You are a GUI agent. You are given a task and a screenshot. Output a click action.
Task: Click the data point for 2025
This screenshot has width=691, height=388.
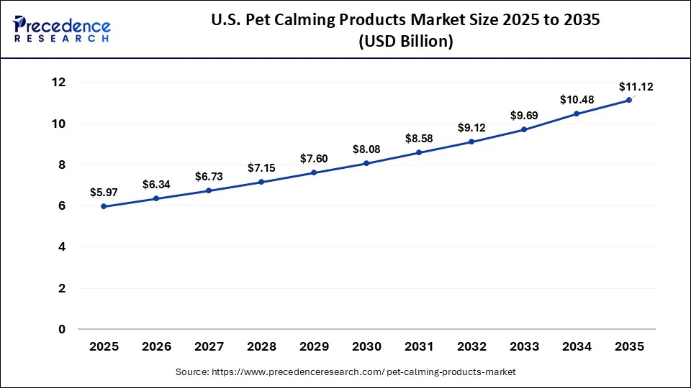104,206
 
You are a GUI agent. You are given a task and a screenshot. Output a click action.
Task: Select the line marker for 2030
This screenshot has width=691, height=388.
366,163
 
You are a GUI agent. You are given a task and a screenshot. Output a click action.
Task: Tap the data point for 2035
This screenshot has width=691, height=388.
629,100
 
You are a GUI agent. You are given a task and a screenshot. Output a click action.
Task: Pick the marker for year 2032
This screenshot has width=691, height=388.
471,142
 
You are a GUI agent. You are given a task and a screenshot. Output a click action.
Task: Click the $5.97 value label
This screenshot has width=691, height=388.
104,192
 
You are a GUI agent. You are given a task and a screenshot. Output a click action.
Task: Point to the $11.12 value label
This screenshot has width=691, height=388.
636,87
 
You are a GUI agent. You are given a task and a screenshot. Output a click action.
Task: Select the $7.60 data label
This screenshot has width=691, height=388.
314,158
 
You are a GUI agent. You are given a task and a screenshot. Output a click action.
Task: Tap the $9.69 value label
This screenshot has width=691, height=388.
524,115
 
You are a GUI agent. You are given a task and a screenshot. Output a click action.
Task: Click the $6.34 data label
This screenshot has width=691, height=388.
156,185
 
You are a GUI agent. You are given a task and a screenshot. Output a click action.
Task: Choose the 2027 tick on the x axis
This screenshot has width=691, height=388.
209,347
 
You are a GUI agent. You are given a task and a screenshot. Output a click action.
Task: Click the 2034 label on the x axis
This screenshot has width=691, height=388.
577,347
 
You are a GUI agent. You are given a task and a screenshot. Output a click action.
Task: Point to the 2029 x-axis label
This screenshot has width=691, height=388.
314,347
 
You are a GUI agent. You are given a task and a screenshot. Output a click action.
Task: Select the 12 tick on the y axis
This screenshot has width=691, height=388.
58,83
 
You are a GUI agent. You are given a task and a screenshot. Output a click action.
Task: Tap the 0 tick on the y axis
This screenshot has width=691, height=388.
62,330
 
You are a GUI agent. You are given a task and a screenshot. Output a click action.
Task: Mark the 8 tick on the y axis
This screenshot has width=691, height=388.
62,165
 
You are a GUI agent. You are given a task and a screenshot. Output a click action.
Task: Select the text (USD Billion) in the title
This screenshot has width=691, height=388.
405,42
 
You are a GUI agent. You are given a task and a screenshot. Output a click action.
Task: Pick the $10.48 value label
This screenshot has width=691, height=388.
577,99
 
